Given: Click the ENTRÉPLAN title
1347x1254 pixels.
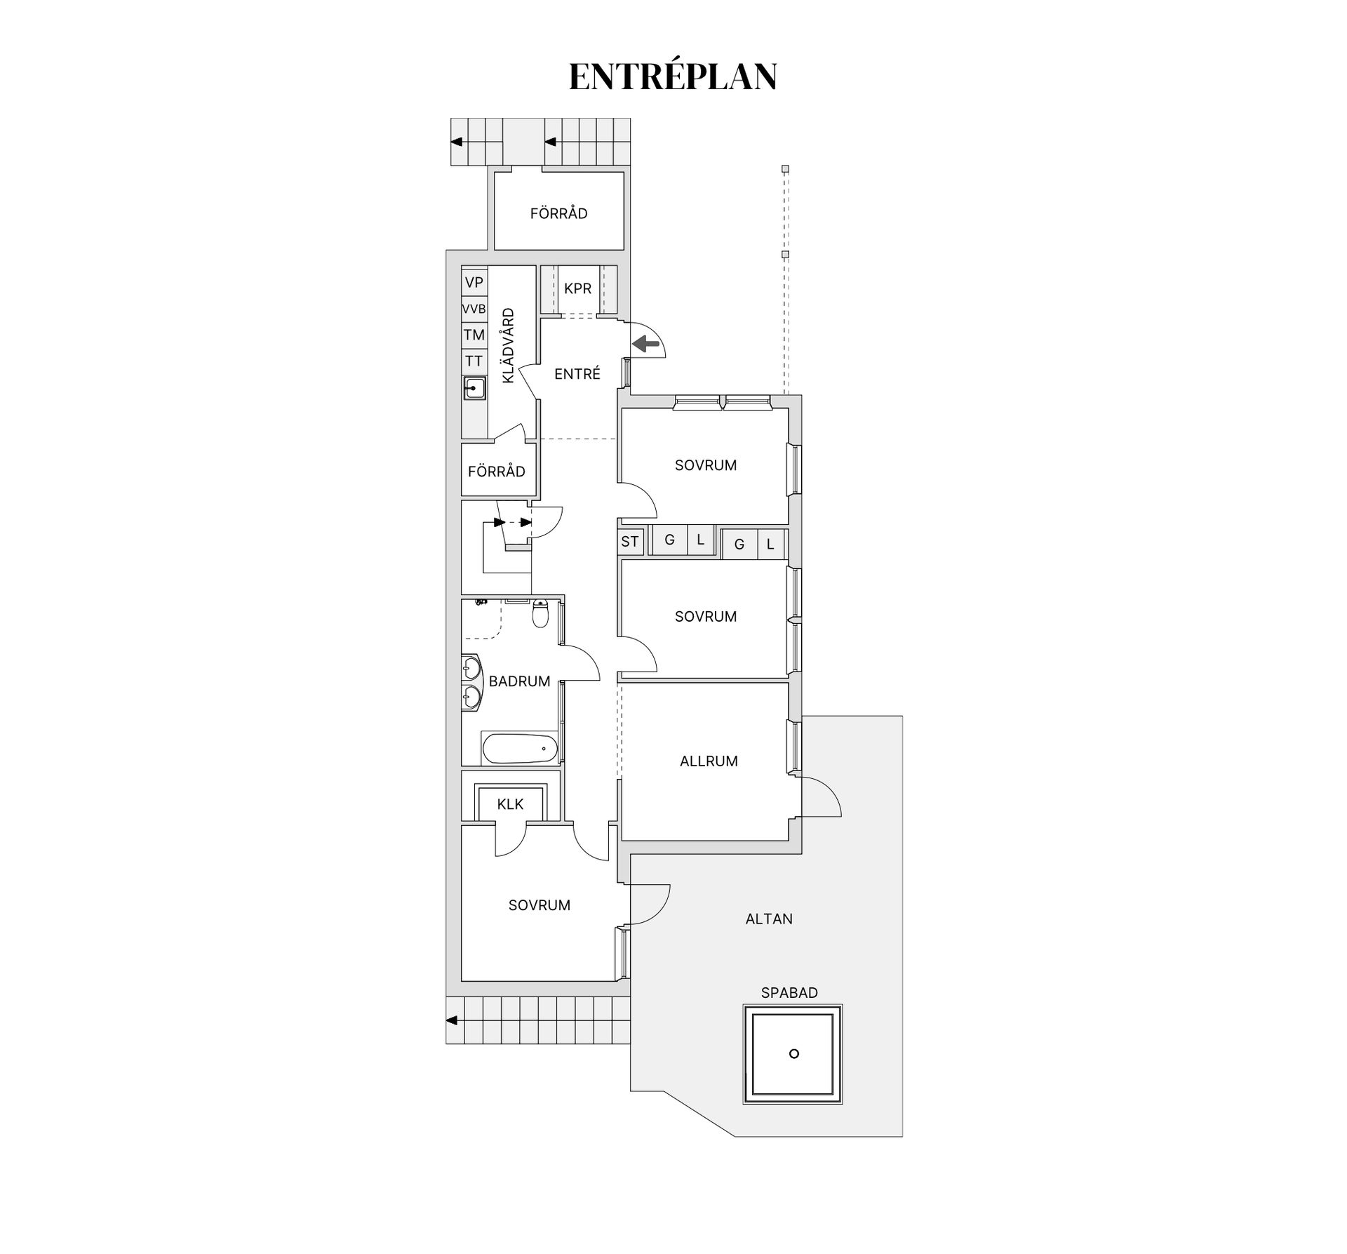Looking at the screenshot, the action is click(673, 76).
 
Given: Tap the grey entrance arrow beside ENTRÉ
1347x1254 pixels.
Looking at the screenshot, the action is click(646, 343).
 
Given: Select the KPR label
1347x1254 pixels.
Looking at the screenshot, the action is click(577, 288).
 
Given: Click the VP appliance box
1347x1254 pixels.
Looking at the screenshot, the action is click(474, 283).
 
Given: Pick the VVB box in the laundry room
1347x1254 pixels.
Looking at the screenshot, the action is click(474, 309).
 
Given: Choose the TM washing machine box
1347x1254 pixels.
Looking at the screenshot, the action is click(474, 335).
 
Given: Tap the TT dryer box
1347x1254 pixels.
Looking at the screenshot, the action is click(474, 361).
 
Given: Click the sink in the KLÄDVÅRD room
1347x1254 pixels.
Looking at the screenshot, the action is click(474, 388).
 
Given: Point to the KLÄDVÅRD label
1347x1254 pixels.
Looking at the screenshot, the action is click(509, 345).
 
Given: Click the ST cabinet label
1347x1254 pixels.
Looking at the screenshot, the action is click(629, 541).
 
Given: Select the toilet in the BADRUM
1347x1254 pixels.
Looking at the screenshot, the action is click(540, 613).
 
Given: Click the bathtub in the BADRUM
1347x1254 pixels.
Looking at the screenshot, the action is click(520, 748).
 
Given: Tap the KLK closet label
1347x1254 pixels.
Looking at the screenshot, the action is click(510, 804).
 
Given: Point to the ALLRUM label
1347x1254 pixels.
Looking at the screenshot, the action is click(709, 761).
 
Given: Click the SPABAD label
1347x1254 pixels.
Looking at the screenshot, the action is click(789, 993).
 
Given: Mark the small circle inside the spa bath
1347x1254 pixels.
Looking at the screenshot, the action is click(793, 1053).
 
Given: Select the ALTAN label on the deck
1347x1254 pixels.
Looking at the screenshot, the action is click(769, 919).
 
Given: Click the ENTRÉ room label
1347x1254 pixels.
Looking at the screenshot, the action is click(577, 374).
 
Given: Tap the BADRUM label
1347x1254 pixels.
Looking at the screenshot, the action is click(519, 681).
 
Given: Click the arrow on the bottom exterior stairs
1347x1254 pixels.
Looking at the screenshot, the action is click(452, 1020).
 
